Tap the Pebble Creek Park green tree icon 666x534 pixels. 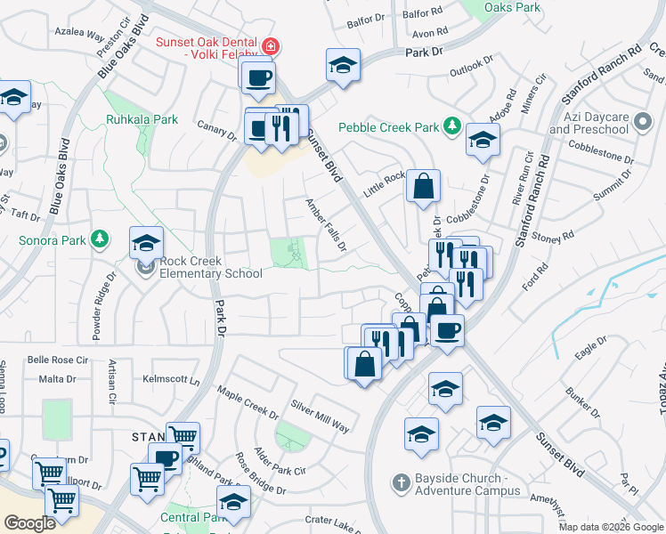tap(452, 127)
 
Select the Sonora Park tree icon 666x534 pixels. tap(101, 239)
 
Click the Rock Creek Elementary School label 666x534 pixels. tap(211, 267)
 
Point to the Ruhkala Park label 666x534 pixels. tap(142, 119)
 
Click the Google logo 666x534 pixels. tap(29, 523)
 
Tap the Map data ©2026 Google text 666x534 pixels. tap(610, 527)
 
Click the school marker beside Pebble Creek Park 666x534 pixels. tap(483, 141)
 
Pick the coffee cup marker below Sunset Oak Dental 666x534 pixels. tap(258, 77)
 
